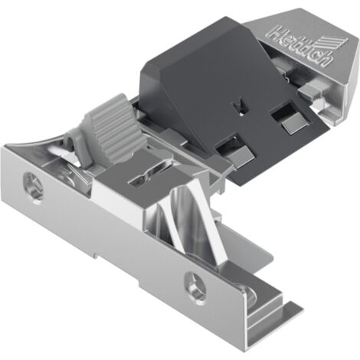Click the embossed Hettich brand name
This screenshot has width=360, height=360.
[x=301, y=47]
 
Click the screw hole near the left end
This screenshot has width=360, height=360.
[x=34, y=188]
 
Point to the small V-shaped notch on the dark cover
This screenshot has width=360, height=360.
[x=240, y=106]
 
